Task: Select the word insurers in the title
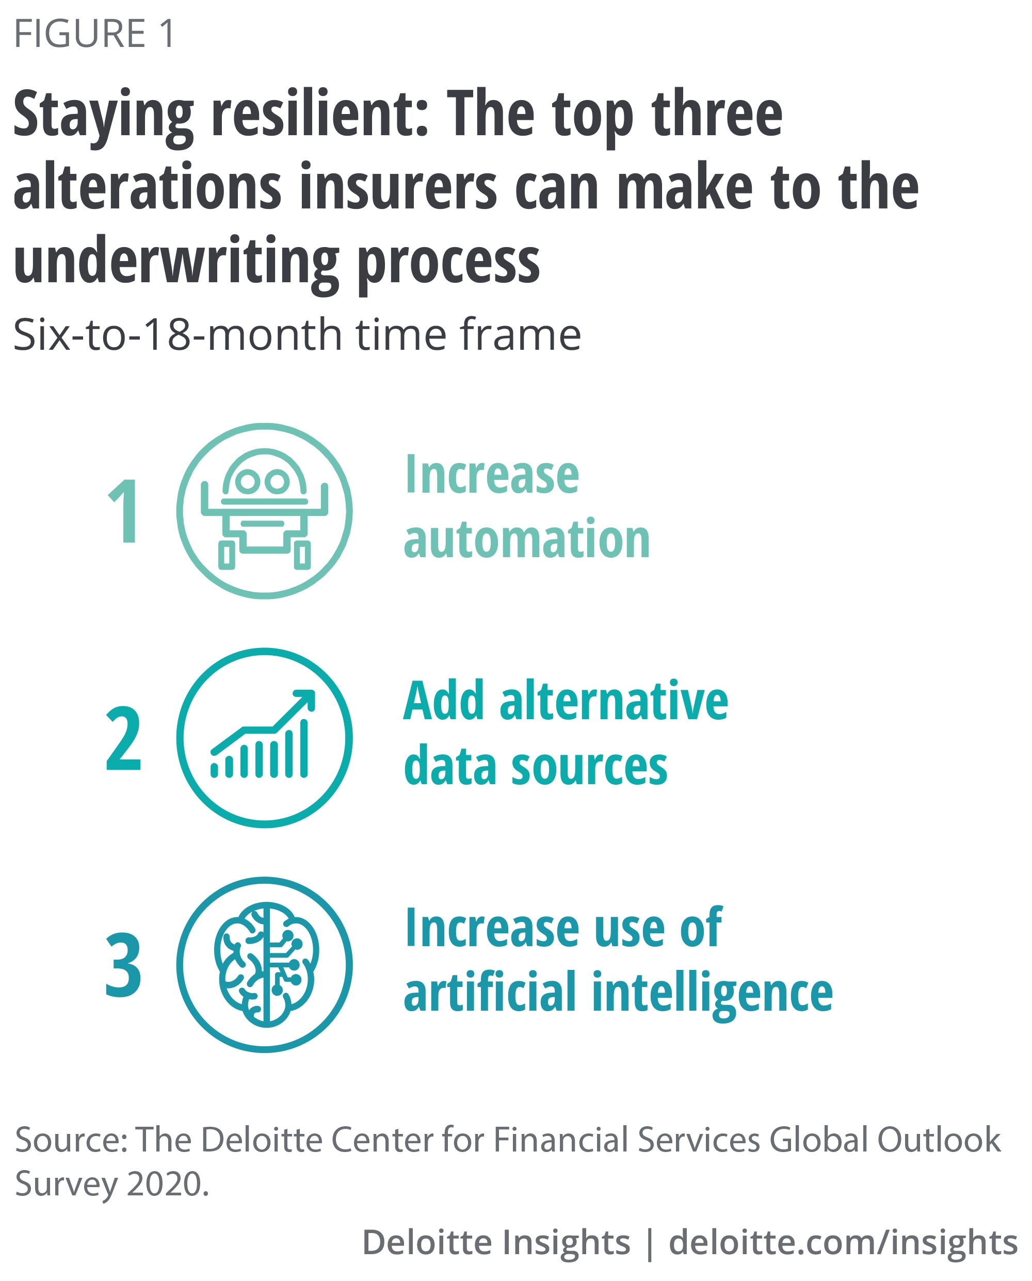[398, 187]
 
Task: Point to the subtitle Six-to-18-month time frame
[297, 335]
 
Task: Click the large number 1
[124, 511]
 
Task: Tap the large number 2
[124, 738]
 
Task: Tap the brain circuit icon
[266, 965]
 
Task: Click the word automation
[527, 539]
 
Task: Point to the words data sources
[536, 766]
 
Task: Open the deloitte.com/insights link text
[843, 1242]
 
